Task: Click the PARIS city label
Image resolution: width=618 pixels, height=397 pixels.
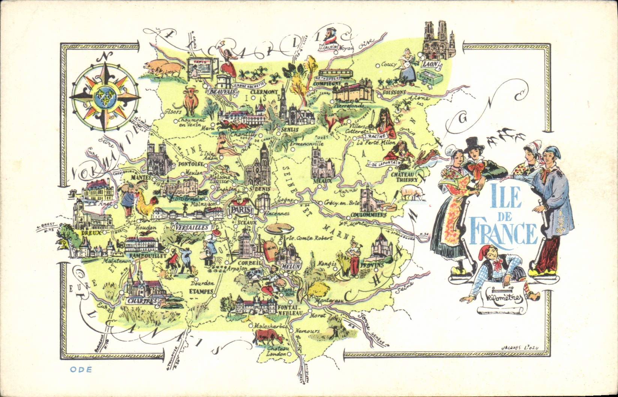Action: point(240,209)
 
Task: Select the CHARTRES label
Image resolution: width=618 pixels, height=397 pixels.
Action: point(141,301)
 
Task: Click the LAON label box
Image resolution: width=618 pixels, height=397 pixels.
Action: point(430,65)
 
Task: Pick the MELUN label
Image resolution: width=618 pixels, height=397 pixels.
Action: point(292,266)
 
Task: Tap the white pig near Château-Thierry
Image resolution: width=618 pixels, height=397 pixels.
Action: point(412,193)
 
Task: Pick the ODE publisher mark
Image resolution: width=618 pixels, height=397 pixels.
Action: point(81,369)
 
